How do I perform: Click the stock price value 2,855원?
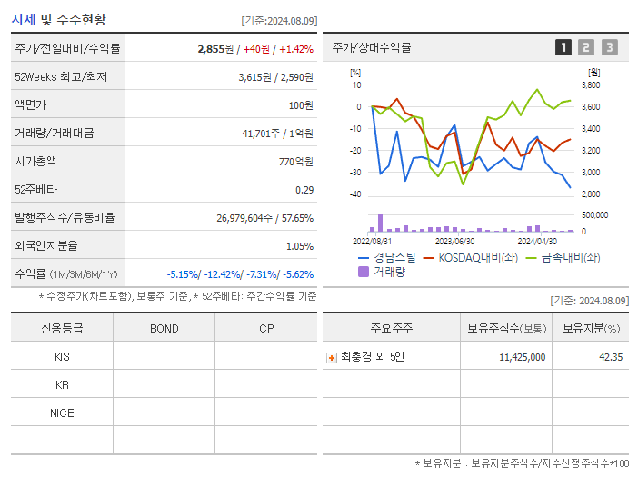[216, 49]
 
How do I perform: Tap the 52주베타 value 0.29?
[304, 190]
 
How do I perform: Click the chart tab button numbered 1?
[563, 47]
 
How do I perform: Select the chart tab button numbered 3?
[609, 47]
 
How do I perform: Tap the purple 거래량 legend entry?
[381, 271]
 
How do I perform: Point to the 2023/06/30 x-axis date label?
[454, 242]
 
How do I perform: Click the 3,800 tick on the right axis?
[590, 85]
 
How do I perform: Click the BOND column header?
[164, 328]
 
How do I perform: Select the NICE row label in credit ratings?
[62, 412]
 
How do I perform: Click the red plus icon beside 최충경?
[332, 357]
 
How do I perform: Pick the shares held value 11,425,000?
[523, 357]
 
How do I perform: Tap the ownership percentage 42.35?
[610, 357]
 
